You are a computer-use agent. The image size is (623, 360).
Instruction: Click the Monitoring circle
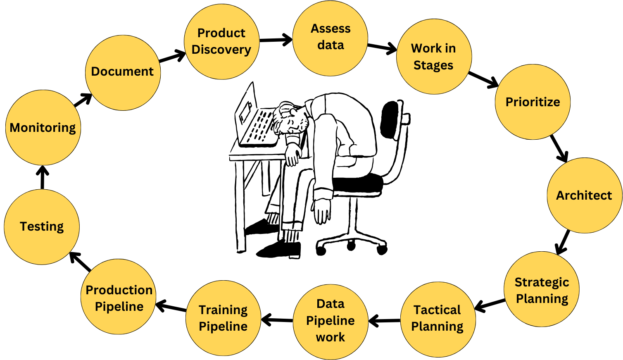[43, 128]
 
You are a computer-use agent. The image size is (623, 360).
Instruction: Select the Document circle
[123, 73]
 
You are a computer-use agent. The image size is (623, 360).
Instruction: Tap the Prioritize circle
[533, 102]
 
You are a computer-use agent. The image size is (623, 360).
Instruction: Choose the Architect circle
[584, 195]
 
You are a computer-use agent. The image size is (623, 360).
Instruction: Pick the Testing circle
[42, 227]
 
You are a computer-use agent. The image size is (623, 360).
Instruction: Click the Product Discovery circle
[221, 42]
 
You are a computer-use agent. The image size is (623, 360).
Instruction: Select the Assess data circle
[330, 38]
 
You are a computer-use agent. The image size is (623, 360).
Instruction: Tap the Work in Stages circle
[434, 57]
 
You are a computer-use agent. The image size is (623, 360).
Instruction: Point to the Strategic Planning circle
[542, 289]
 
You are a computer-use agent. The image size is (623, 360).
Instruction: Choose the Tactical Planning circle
[438, 319]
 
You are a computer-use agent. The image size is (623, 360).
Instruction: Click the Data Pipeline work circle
[331, 322]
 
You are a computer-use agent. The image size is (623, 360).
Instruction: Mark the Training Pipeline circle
[223, 318]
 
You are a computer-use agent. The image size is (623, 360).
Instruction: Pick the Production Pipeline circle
[119, 297]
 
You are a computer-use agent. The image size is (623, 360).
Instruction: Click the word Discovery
[221, 50]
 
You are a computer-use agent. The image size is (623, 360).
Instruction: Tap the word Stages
[433, 65]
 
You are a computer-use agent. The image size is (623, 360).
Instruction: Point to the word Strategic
[542, 282]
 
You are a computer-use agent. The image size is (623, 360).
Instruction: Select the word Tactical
[437, 310]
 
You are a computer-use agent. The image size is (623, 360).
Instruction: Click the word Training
[223, 310]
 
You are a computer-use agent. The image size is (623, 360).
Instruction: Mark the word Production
[119, 290]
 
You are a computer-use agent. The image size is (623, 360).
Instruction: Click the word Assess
[331, 29]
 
